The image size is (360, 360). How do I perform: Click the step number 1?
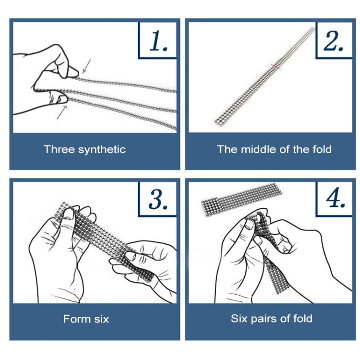click(x=158, y=41)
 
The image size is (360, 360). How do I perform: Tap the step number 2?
click(x=334, y=41)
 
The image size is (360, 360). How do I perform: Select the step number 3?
click(x=158, y=199)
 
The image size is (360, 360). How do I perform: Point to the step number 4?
click(x=336, y=197)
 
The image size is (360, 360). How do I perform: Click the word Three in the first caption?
click(x=60, y=149)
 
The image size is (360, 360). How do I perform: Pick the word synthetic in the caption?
click(x=102, y=150)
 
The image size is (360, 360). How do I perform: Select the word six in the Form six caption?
click(x=101, y=319)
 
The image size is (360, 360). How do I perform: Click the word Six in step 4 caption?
click(x=239, y=318)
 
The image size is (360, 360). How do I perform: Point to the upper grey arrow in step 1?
click(x=86, y=66)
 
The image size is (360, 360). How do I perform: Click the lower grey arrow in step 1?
click(x=62, y=112)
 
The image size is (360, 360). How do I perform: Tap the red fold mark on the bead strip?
click(x=276, y=67)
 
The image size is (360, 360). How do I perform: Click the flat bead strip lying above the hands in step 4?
click(x=241, y=199)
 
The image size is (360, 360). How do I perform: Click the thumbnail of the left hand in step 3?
click(x=69, y=214)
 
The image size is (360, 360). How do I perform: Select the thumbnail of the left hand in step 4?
click(x=250, y=224)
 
